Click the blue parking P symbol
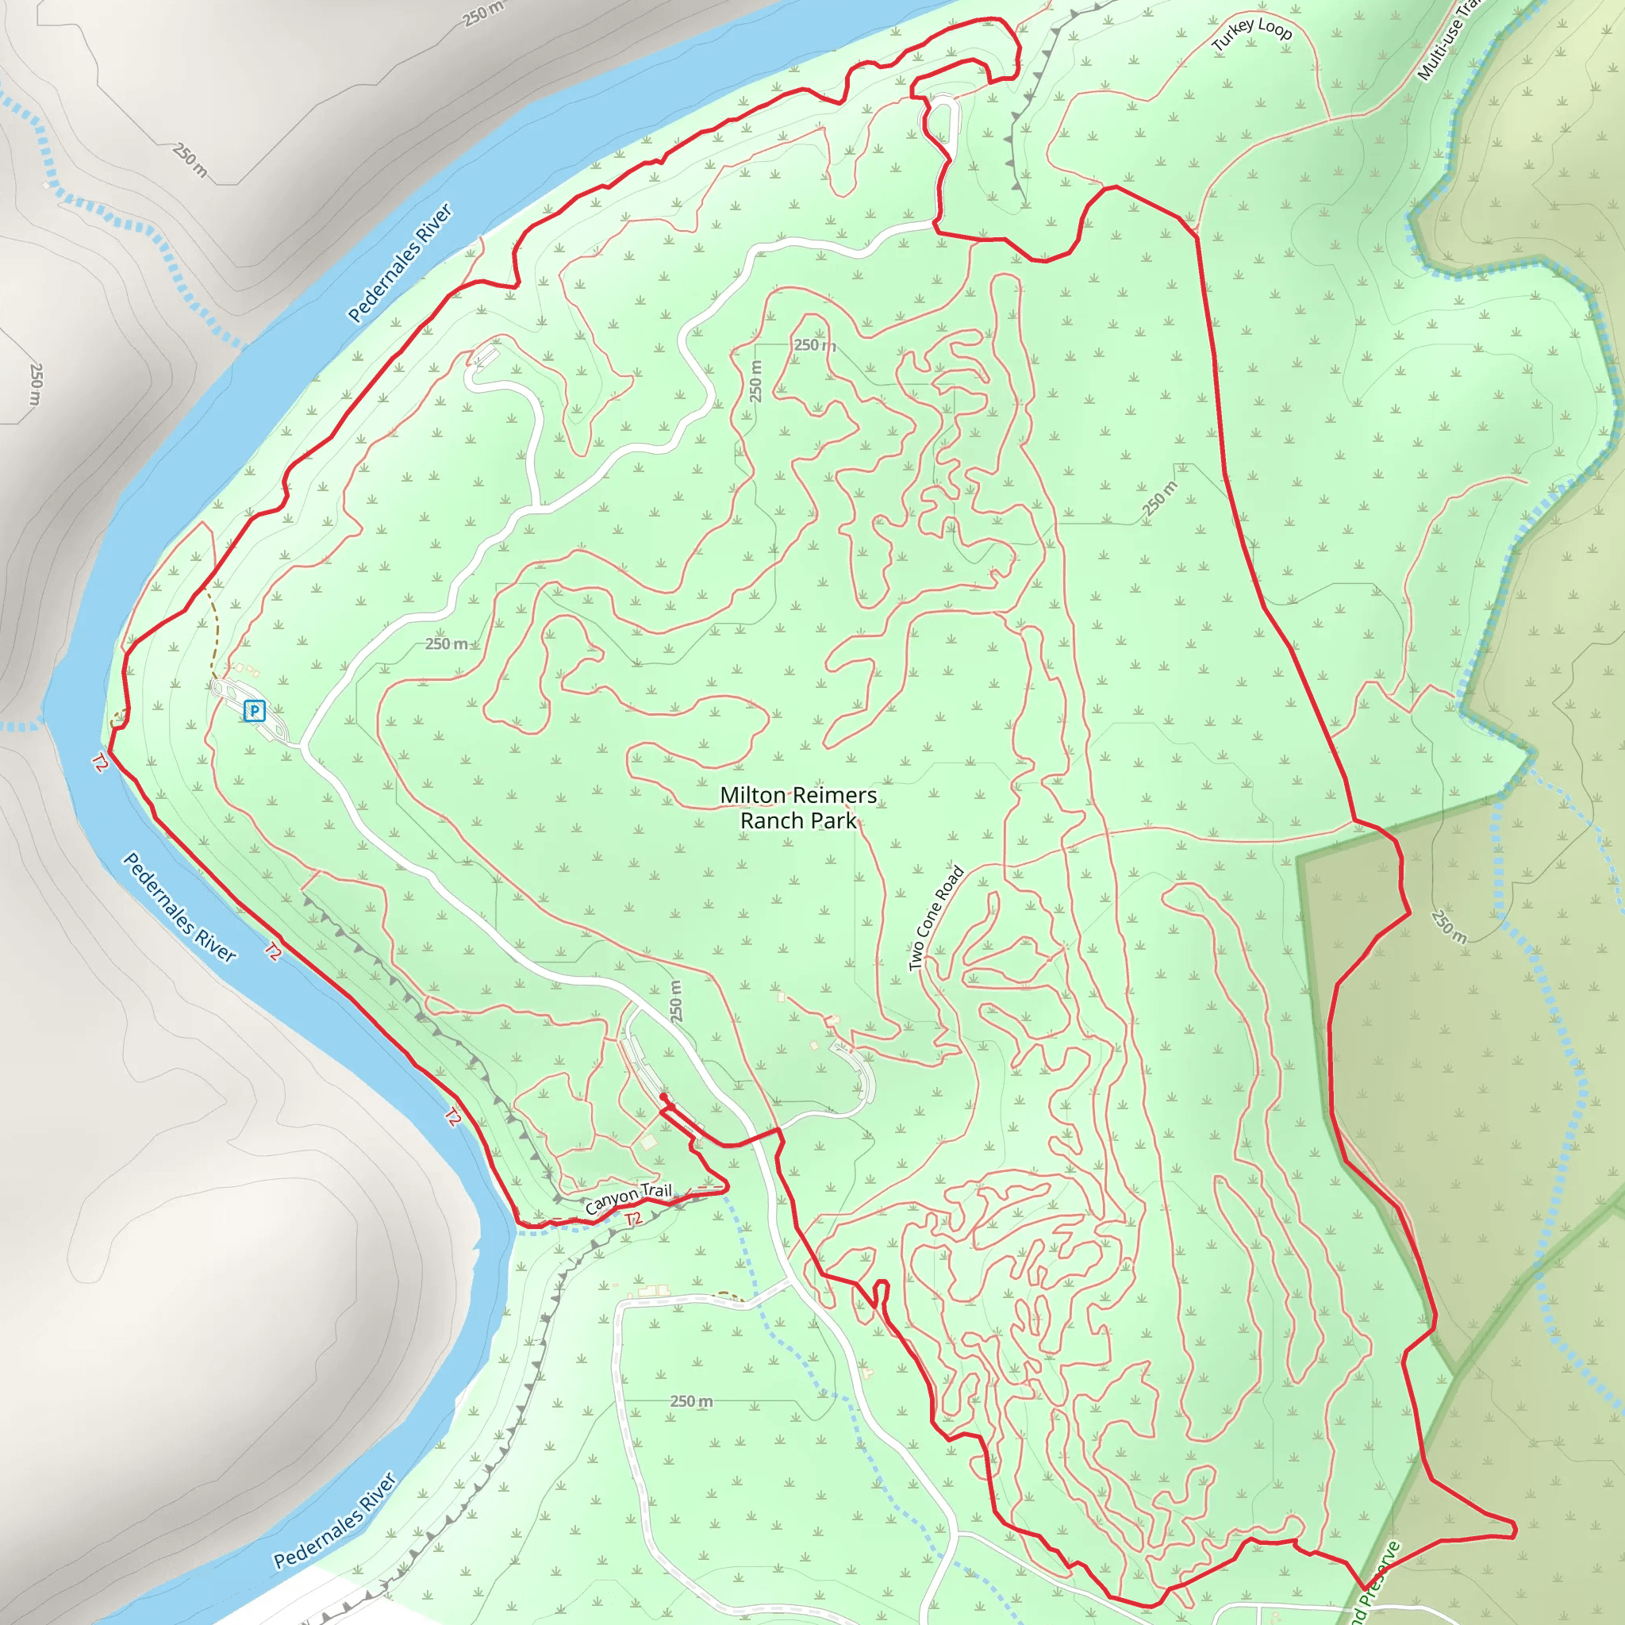[x=254, y=711]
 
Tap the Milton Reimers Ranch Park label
[x=797, y=808]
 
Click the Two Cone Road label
[x=935, y=918]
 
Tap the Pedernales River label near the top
[x=400, y=263]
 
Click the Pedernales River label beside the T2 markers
[x=180, y=907]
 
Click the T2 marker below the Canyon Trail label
[x=633, y=1219]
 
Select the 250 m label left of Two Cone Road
[x=676, y=1001]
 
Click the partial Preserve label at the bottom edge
[x=1374, y=1583]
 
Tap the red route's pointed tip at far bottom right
[x=1515, y=1529]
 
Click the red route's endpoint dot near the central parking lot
[x=663, y=1097]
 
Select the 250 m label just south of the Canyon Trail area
[x=691, y=1400]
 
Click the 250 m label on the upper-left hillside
[x=190, y=159]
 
